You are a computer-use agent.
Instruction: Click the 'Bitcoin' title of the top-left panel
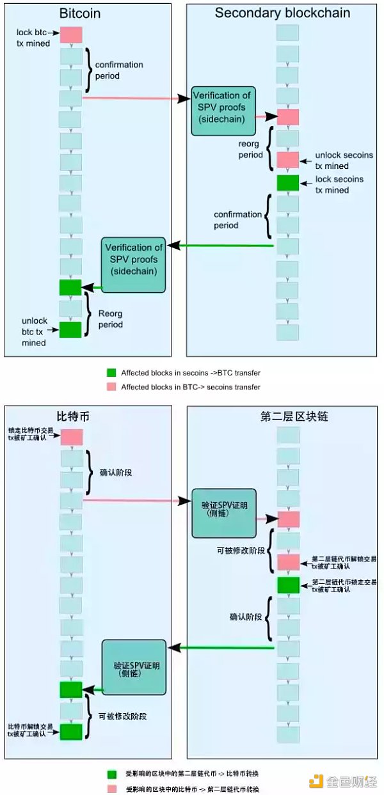point(80,13)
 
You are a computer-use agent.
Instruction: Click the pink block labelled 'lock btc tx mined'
point(71,35)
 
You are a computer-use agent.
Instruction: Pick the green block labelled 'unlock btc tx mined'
point(70,329)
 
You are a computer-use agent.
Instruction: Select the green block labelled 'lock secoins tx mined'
point(288,183)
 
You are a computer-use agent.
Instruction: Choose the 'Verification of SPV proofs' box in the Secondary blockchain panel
point(223,110)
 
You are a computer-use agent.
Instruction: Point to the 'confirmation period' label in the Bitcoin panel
point(119,70)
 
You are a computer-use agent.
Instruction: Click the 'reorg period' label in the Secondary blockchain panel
point(250,149)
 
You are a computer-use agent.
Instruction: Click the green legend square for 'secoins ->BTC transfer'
point(111,372)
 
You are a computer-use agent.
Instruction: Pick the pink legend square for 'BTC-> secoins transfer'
point(111,387)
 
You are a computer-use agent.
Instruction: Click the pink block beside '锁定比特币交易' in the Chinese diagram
point(72,437)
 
